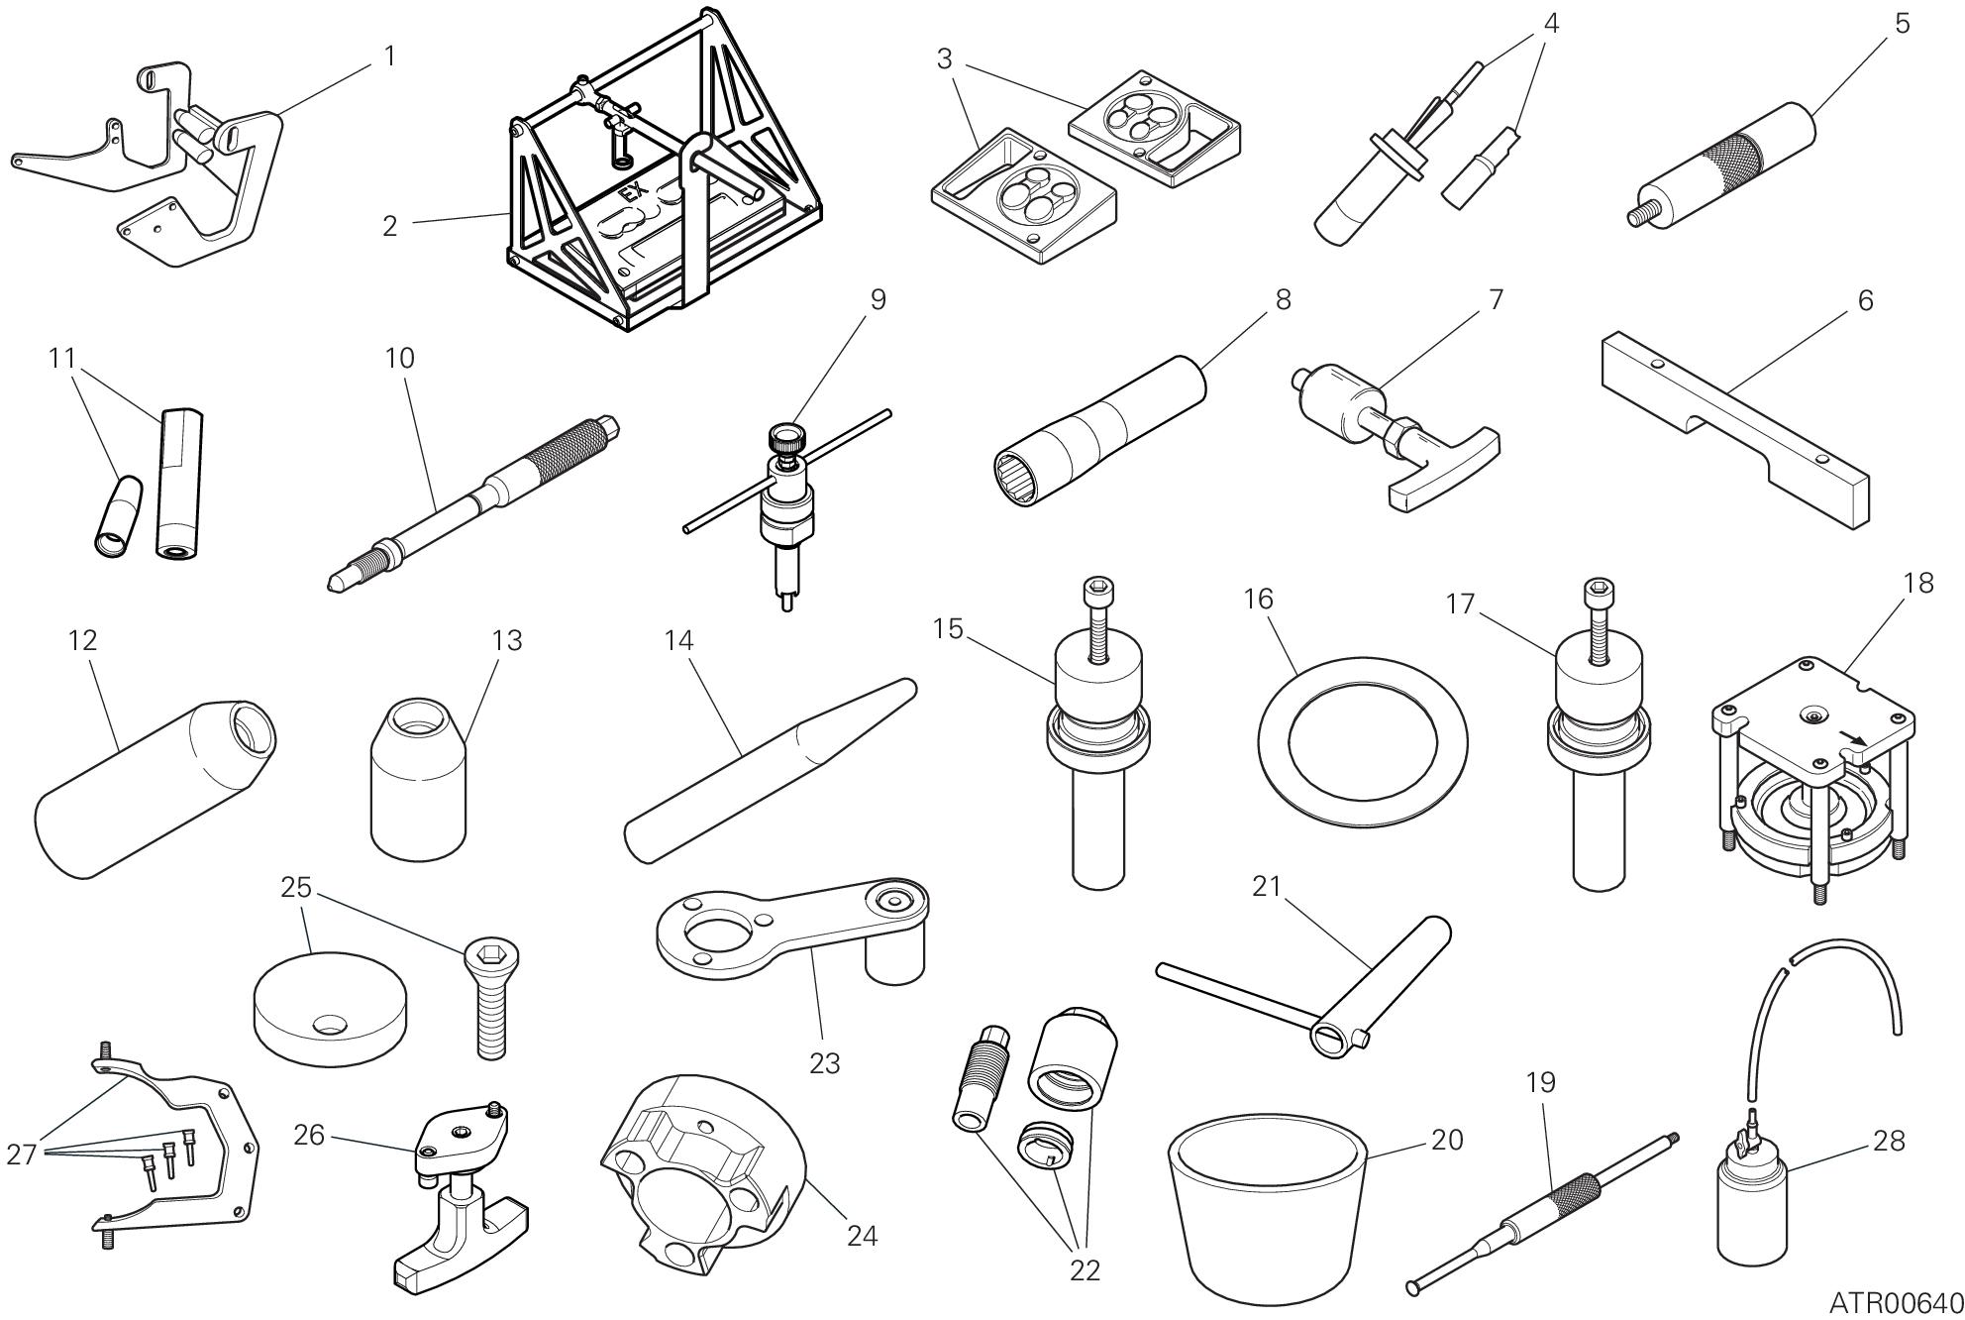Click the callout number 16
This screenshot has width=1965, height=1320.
1259,600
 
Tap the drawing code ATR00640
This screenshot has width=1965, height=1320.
1895,1301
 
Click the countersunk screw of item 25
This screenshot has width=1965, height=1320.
491,1000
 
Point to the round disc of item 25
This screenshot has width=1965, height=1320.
330,1011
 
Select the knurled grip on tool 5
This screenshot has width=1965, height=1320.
1735,158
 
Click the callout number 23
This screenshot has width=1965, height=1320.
824,1063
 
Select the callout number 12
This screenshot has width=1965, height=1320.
83,640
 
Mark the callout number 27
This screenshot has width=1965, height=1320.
22,1154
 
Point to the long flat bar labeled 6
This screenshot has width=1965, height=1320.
1735,428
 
